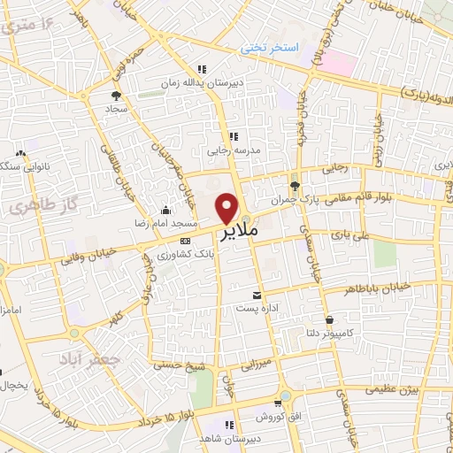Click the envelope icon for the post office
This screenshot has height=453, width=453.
coord(257,294)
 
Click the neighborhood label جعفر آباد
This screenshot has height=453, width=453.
coord(82,359)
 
